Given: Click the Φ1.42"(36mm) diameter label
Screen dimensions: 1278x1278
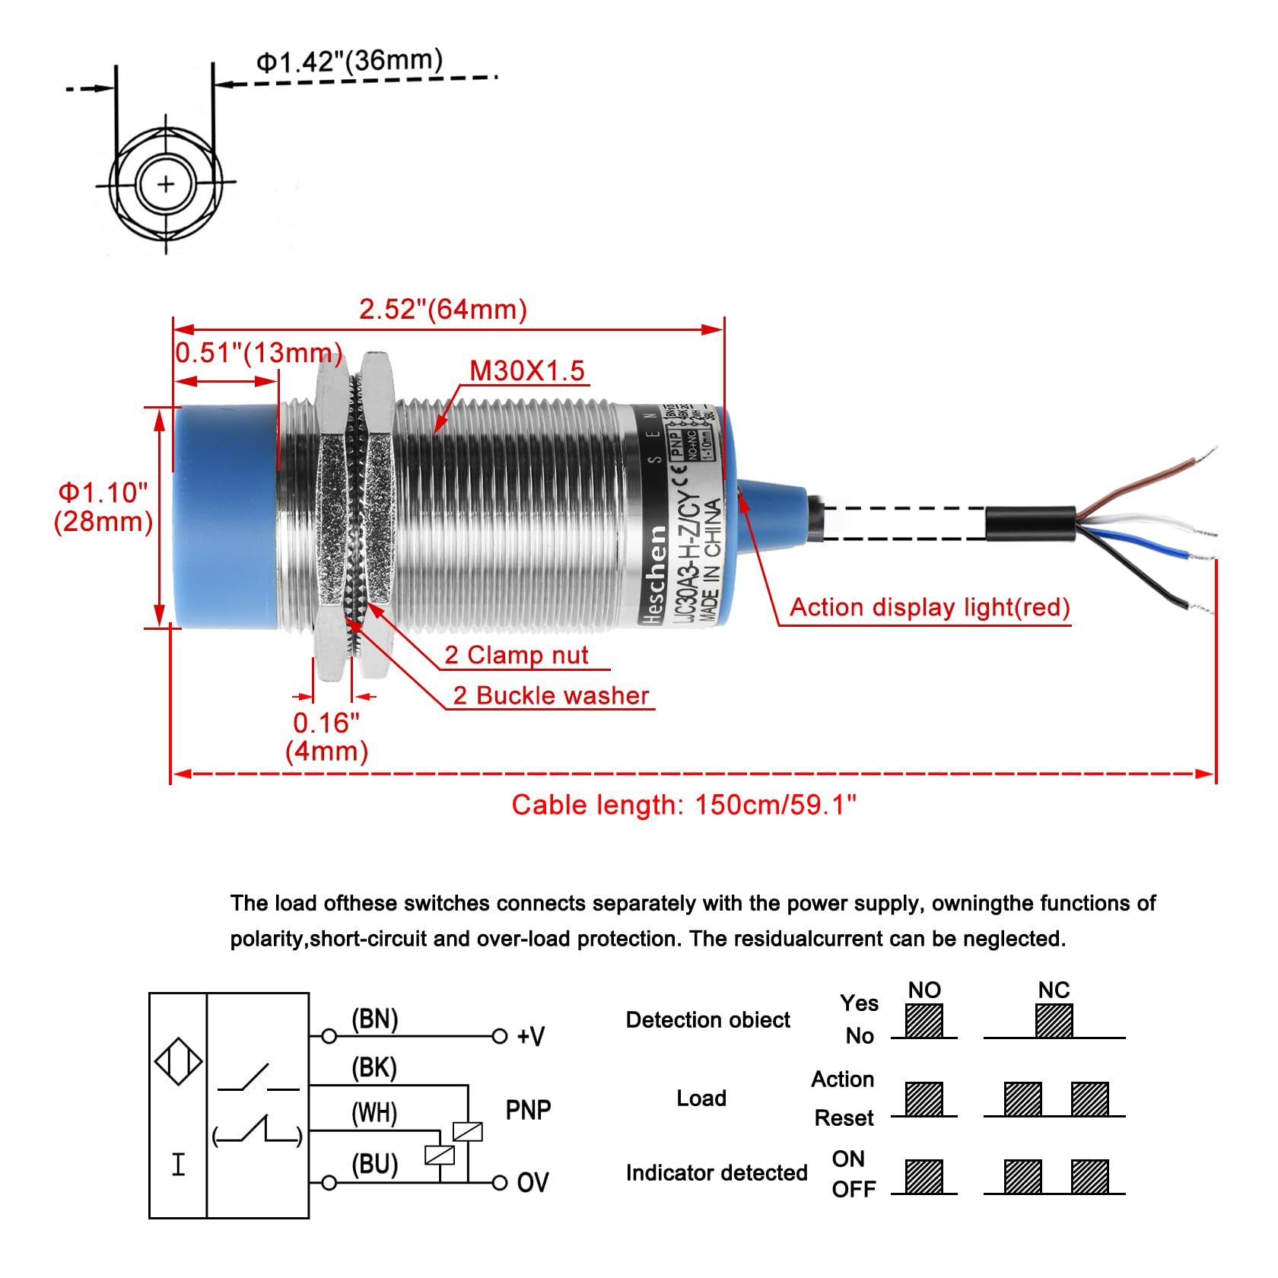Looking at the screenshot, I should (x=349, y=61).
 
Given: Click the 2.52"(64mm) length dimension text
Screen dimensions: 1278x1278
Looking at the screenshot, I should (x=443, y=310).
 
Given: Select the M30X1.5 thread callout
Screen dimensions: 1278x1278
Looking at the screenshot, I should (x=527, y=371).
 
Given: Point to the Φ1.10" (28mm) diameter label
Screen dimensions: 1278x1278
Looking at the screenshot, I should (x=103, y=507).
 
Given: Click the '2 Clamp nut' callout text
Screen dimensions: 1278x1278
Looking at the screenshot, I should (x=517, y=655).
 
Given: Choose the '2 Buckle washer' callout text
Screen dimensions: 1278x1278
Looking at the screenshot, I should (x=551, y=695).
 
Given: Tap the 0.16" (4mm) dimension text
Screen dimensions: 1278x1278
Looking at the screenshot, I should (x=326, y=736).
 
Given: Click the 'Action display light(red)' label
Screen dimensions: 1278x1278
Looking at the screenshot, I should (x=930, y=607).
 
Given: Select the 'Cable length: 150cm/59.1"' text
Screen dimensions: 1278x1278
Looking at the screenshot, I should (x=684, y=805).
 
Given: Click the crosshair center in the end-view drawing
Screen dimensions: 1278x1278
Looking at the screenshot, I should (x=166, y=183).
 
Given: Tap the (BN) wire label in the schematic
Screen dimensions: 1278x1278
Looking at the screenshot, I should (x=374, y=1019).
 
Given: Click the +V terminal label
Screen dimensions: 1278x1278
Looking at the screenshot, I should (x=530, y=1036).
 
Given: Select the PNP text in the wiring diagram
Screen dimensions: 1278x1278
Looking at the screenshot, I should (x=528, y=1110).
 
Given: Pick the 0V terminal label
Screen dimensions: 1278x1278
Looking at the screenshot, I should (x=532, y=1182).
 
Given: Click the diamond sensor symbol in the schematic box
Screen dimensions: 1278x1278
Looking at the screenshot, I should (x=178, y=1061).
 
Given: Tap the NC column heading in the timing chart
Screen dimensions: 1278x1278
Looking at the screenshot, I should (x=1054, y=990).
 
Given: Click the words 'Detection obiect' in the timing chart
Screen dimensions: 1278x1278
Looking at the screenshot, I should (x=707, y=1020).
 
